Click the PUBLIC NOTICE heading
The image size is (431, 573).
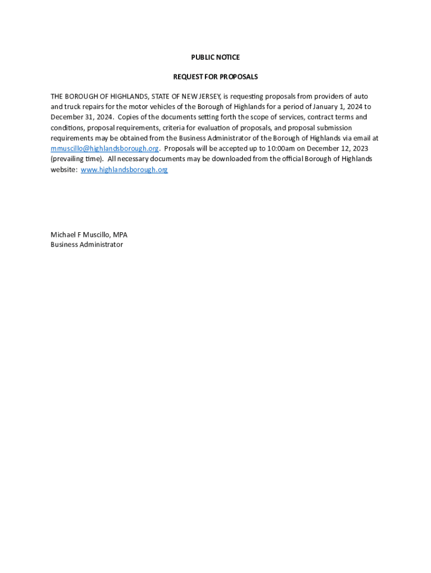[215, 57]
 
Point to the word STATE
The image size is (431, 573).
[161, 96]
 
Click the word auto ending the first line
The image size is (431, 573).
[361, 96]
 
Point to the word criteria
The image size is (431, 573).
[176, 128]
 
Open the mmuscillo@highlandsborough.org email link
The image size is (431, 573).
[105, 148]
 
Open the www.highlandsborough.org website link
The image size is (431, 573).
[124, 170]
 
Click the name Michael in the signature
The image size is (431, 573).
[64, 234]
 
